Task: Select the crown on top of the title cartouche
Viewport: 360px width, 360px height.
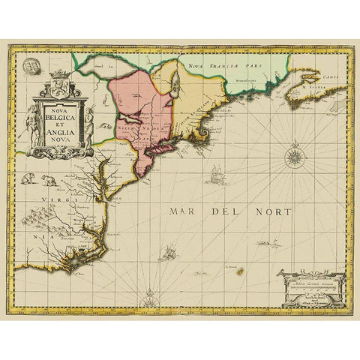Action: (60, 74)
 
